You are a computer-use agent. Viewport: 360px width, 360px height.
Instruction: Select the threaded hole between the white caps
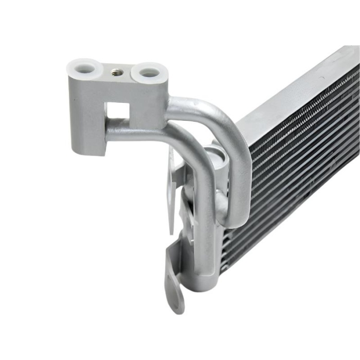117,73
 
